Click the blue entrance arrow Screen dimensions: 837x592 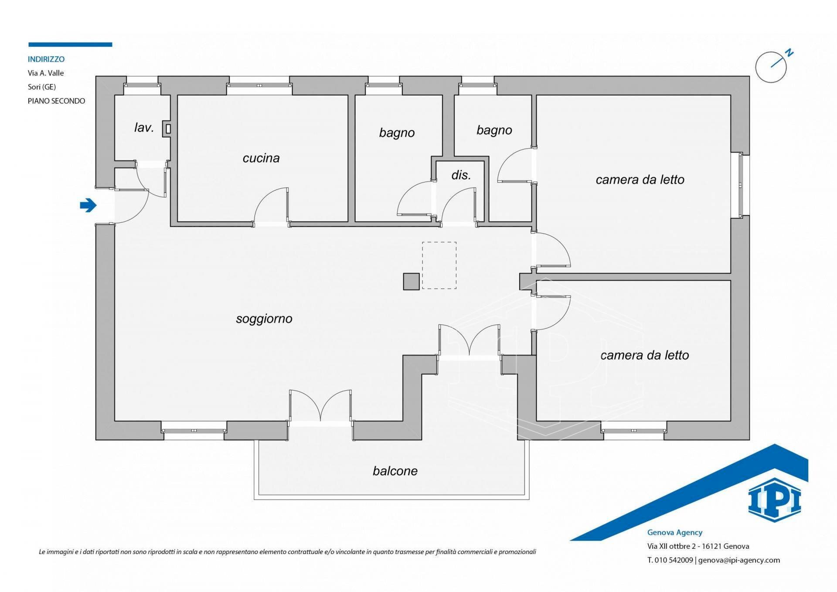coord(88,205)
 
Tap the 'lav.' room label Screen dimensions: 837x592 coord(144,127)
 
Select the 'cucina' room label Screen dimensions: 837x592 coord(261,158)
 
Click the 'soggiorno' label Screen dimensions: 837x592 coord(264,319)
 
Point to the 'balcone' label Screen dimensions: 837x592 coord(395,471)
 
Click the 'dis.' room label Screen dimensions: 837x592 coord(461,175)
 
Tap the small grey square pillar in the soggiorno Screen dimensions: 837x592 coord(411,281)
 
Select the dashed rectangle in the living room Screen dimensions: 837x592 coord(439,265)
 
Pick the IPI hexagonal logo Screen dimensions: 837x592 coord(775,500)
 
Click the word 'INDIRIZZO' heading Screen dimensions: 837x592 coord(46,59)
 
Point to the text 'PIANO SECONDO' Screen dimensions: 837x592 coord(57,101)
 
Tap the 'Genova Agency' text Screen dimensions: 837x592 coord(675,532)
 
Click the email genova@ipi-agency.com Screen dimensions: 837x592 coord(739,560)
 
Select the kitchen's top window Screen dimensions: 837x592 coord(259,85)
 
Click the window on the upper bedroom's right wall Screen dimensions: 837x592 coord(740,185)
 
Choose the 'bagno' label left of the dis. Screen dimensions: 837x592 coord(397,133)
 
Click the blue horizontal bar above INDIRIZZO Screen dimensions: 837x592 coord(70,44)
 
